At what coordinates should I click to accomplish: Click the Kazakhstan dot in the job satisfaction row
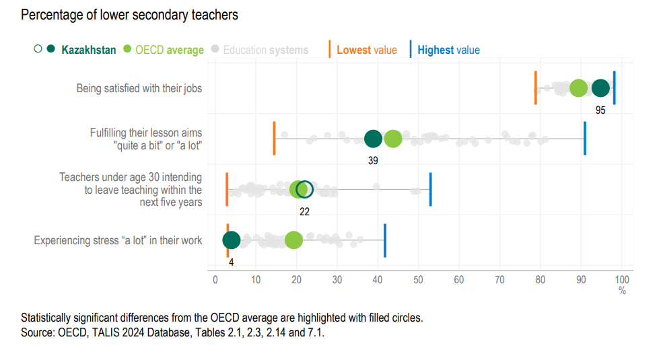click(x=600, y=88)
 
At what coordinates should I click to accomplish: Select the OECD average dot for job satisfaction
click(x=578, y=88)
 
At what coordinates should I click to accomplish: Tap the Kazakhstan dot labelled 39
click(x=373, y=139)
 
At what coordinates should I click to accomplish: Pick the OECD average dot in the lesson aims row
click(x=393, y=139)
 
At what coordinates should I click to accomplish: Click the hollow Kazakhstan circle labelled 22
click(x=305, y=190)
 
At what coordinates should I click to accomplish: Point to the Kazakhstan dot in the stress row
click(x=231, y=240)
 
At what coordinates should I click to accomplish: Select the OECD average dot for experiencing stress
click(x=293, y=240)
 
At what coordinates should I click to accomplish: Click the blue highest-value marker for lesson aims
click(x=584, y=139)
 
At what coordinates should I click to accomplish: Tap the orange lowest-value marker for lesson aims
click(x=274, y=139)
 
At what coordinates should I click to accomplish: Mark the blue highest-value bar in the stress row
click(x=384, y=240)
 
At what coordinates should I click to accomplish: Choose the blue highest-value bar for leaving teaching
click(x=430, y=190)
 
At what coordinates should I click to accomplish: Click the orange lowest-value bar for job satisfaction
click(x=536, y=88)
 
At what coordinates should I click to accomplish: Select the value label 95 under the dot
click(x=600, y=110)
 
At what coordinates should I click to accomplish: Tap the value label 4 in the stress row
click(x=231, y=262)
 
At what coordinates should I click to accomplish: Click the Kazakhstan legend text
click(x=88, y=50)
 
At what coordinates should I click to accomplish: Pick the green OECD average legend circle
click(x=127, y=50)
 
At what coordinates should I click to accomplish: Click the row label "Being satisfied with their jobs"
click(x=139, y=88)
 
